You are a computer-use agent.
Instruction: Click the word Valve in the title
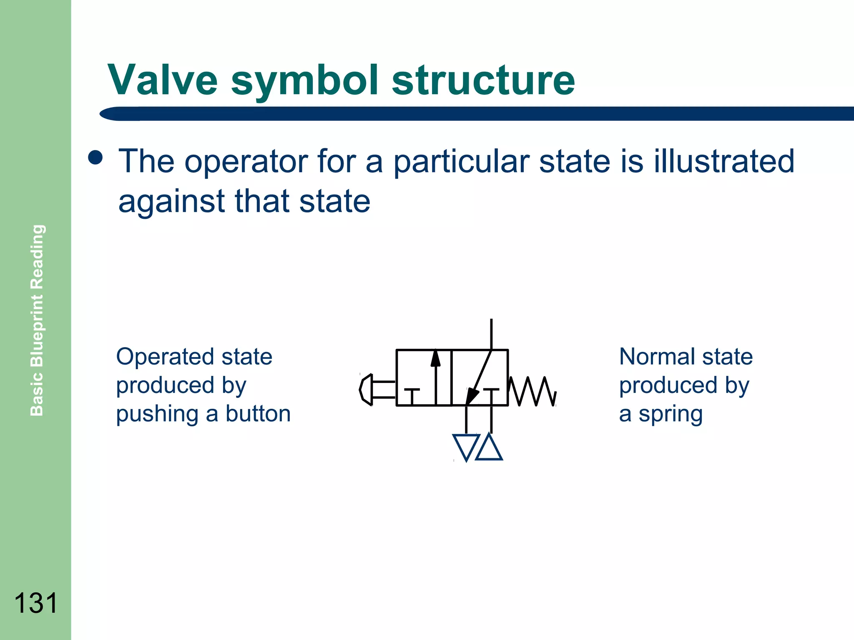tap(163, 80)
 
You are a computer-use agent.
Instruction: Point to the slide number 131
tap(35, 603)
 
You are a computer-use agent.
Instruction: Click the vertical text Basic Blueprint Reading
tap(37, 320)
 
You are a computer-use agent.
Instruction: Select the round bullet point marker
tap(95, 158)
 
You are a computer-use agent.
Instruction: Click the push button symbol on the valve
tap(367, 390)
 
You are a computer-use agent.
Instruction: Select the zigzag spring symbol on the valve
tap(532, 391)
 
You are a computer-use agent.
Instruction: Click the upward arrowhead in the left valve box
tap(435, 358)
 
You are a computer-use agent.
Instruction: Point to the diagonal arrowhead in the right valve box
tap(472, 395)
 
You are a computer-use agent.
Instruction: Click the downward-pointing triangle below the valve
tap(466, 446)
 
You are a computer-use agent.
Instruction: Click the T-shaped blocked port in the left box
tap(412, 395)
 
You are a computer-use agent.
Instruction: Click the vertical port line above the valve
tap(491, 334)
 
